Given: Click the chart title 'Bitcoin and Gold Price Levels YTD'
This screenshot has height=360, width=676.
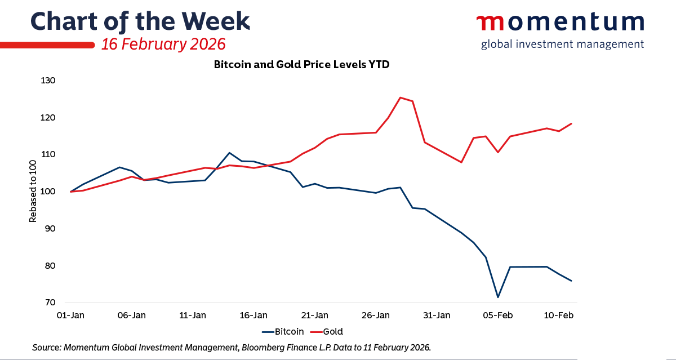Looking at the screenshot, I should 301,65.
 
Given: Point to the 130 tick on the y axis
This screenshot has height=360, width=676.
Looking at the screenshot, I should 48,81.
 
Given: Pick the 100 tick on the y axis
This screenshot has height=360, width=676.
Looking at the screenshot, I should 48,192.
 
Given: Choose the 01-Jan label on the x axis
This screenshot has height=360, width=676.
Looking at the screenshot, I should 70,315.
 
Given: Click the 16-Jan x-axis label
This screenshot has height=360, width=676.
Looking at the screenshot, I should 253,315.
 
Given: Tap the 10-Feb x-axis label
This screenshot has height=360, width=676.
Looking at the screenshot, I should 559,315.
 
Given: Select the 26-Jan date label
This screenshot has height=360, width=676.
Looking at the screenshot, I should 376,315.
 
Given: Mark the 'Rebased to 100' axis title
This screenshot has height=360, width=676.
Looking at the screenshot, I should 33,192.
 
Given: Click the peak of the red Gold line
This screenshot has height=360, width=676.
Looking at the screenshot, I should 400,97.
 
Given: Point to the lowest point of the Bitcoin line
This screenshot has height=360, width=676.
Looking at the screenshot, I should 498,297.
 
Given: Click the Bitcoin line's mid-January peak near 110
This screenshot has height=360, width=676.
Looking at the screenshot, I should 229,153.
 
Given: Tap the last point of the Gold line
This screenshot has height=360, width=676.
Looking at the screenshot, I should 571,123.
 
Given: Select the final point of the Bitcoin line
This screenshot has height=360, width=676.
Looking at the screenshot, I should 571,281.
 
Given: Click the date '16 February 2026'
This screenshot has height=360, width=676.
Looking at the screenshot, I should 163,44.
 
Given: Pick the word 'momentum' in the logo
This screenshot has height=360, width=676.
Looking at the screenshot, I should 560,23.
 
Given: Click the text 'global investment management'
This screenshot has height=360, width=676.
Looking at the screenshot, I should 562,44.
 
